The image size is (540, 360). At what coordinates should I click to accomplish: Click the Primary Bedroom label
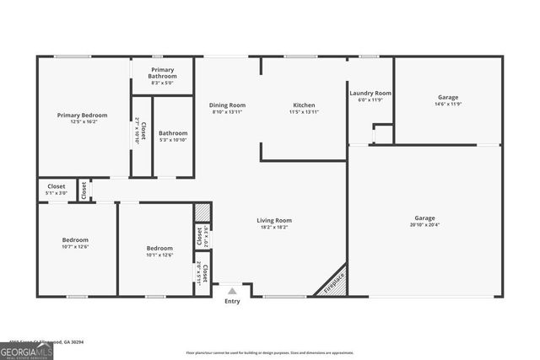(x=82, y=115)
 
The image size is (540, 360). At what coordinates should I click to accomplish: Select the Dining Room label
(x=227, y=105)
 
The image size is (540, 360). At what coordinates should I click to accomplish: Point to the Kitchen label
(x=304, y=105)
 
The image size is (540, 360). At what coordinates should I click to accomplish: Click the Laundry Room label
(x=370, y=93)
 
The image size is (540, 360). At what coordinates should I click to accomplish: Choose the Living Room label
(x=274, y=220)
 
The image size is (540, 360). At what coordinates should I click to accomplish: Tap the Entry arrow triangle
(x=232, y=291)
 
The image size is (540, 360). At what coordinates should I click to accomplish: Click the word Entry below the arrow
(x=232, y=302)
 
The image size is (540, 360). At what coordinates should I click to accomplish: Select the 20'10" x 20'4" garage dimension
(x=424, y=225)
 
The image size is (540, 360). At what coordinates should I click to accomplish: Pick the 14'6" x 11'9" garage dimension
(x=448, y=105)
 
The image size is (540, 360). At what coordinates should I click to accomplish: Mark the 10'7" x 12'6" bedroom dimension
(x=75, y=247)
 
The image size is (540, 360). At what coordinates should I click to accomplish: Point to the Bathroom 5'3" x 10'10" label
(x=173, y=136)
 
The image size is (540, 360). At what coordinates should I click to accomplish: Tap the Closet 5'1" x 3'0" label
(x=56, y=190)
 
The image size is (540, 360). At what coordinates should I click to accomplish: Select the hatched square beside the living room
(x=202, y=212)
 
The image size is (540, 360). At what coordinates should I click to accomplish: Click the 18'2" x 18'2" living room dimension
(x=274, y=227)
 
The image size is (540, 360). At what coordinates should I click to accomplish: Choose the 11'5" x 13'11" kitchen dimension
(x=304, y=112)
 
